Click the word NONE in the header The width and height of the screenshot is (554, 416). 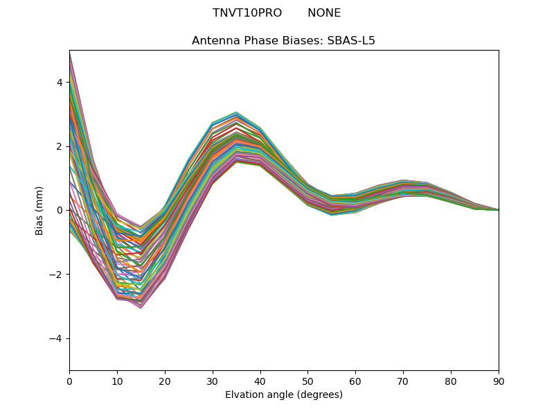point(324,13)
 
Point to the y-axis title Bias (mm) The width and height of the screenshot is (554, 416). point(40,210)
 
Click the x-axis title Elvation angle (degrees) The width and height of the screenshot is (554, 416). point(284,395)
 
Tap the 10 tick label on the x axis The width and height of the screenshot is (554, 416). point(117,381)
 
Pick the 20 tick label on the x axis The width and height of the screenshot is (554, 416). point(165,381)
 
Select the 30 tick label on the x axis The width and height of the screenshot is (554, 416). point(213,381)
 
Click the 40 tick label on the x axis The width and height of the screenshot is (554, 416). point(260,381)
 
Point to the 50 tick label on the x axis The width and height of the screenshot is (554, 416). point(308,381)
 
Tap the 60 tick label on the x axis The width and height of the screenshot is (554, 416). point(355,381)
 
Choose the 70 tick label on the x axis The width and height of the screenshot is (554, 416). point(403,381)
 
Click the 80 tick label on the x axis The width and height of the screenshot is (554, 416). point(451,381)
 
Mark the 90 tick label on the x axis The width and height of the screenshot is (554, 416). point(499,381)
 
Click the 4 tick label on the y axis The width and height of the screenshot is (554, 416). point(60,83)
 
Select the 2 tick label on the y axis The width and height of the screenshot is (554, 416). point(60,146)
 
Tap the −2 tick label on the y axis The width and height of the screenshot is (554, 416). point(57,275)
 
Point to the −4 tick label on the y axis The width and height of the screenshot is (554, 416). point(57,338)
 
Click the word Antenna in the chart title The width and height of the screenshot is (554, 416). point(213,41)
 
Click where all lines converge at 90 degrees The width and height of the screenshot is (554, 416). point(498,210)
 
